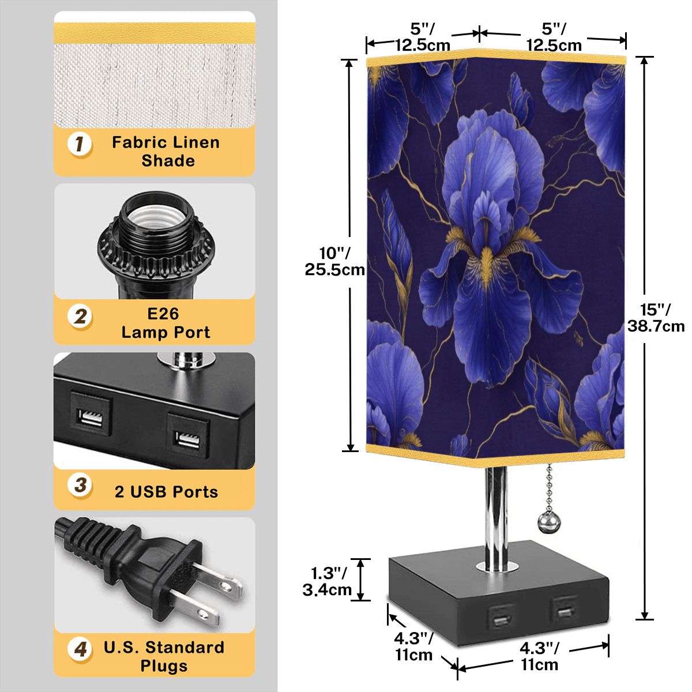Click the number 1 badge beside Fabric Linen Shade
[80, 144]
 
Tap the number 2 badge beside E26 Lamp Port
[80, 317]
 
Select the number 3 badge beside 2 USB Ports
[80, 485]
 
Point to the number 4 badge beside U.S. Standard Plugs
[80, 649]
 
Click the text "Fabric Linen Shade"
[166, 151]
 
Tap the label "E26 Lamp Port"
[166, 323]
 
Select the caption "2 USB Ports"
[166, 492]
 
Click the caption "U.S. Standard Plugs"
[164, 656]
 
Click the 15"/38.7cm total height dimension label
[656, 317]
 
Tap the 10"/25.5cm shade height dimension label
[334, 261]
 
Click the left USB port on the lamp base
[499, 617]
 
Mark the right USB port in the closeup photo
[188, 435]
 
